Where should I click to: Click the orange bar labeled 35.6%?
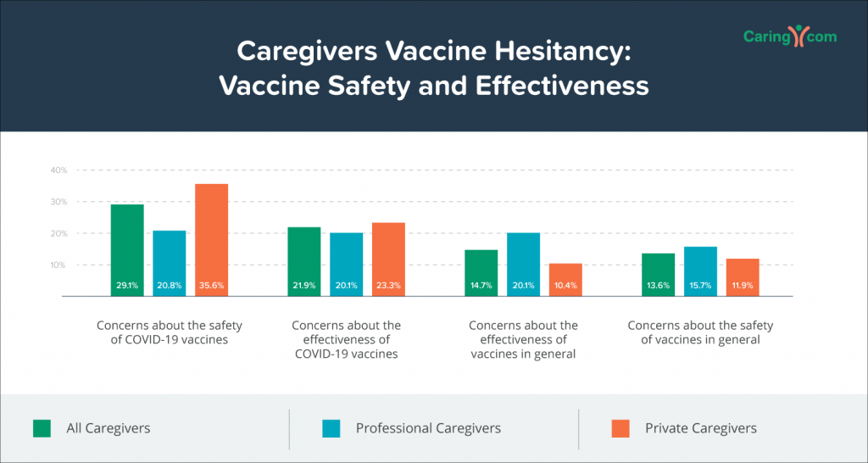pos(211,240)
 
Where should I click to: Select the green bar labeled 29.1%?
pos(127,250)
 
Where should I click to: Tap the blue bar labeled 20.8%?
pos(170,264)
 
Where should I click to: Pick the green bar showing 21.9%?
pos(304,261)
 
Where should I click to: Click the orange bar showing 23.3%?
pos(388,259)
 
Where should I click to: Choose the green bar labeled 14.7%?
pos(481,273)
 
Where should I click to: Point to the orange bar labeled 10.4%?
pos(565,280)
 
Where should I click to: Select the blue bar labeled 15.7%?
pos(700,271)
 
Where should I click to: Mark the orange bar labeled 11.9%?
pos(743,277)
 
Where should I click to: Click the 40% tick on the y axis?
pos(59,170)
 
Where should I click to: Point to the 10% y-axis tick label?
pos(59,265)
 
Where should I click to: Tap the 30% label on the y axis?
pos(59,202)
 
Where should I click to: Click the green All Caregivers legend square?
pos(42,429)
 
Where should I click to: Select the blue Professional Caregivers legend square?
pos(331,429)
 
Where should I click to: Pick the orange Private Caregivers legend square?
pos(620,429)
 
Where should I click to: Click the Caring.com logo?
pos(790,36)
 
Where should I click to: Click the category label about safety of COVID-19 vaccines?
pos(170,332)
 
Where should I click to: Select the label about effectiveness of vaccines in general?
pos(523,339)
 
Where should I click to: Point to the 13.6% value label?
pos(658,286)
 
